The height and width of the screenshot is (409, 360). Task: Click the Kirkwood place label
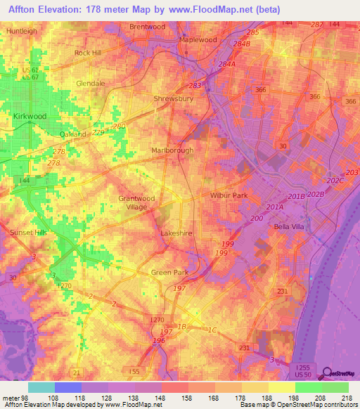[30, 115]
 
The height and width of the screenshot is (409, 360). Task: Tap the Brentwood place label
[148, 27]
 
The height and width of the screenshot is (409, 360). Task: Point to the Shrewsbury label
[173, 99]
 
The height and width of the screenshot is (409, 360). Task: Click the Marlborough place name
[172, 150]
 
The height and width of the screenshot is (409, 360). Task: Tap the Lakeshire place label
[176, 233]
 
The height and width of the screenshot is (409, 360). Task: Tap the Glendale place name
[90, 83]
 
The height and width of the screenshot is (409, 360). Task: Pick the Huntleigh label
[21, 32]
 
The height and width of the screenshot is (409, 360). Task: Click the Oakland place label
[72, 134]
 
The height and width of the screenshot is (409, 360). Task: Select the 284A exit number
[227, 64]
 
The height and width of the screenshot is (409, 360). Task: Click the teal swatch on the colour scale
[41, 387]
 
